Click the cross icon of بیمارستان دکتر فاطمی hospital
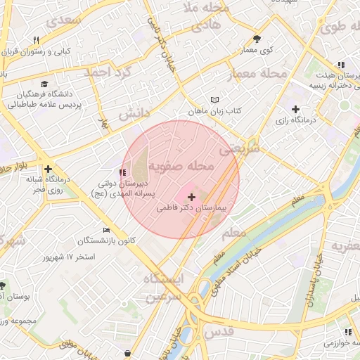[191, 198]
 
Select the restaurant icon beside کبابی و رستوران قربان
[36, 40]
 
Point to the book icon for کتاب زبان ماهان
[214, 100]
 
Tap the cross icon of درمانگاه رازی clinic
[295, 109]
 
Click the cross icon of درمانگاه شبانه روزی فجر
[48, 169]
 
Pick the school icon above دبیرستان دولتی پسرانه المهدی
[123, 172]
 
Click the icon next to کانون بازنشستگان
[107, 230]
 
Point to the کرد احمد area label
[109, 72]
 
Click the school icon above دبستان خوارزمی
[348, 332]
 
